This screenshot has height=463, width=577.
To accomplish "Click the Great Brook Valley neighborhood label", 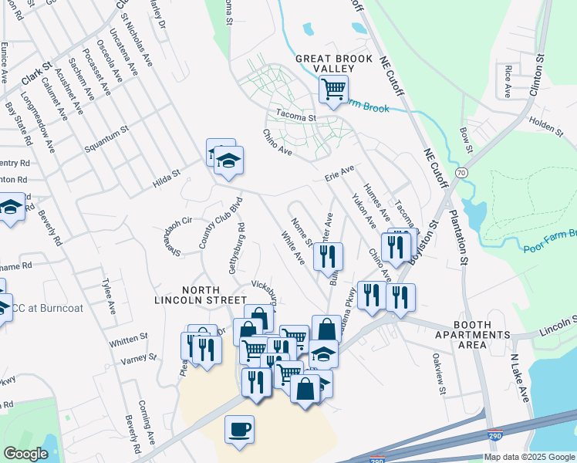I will coord(333,63).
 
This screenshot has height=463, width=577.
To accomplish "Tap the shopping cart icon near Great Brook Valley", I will coord(333,90).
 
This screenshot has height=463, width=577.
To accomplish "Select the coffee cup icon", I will coord(239,428).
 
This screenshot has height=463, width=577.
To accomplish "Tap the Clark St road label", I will coord(36,73).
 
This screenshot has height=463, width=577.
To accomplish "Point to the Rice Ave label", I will coord(508,81).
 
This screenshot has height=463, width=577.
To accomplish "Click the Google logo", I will coord(25,454).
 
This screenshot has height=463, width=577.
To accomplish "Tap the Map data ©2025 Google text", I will coord(529,457).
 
